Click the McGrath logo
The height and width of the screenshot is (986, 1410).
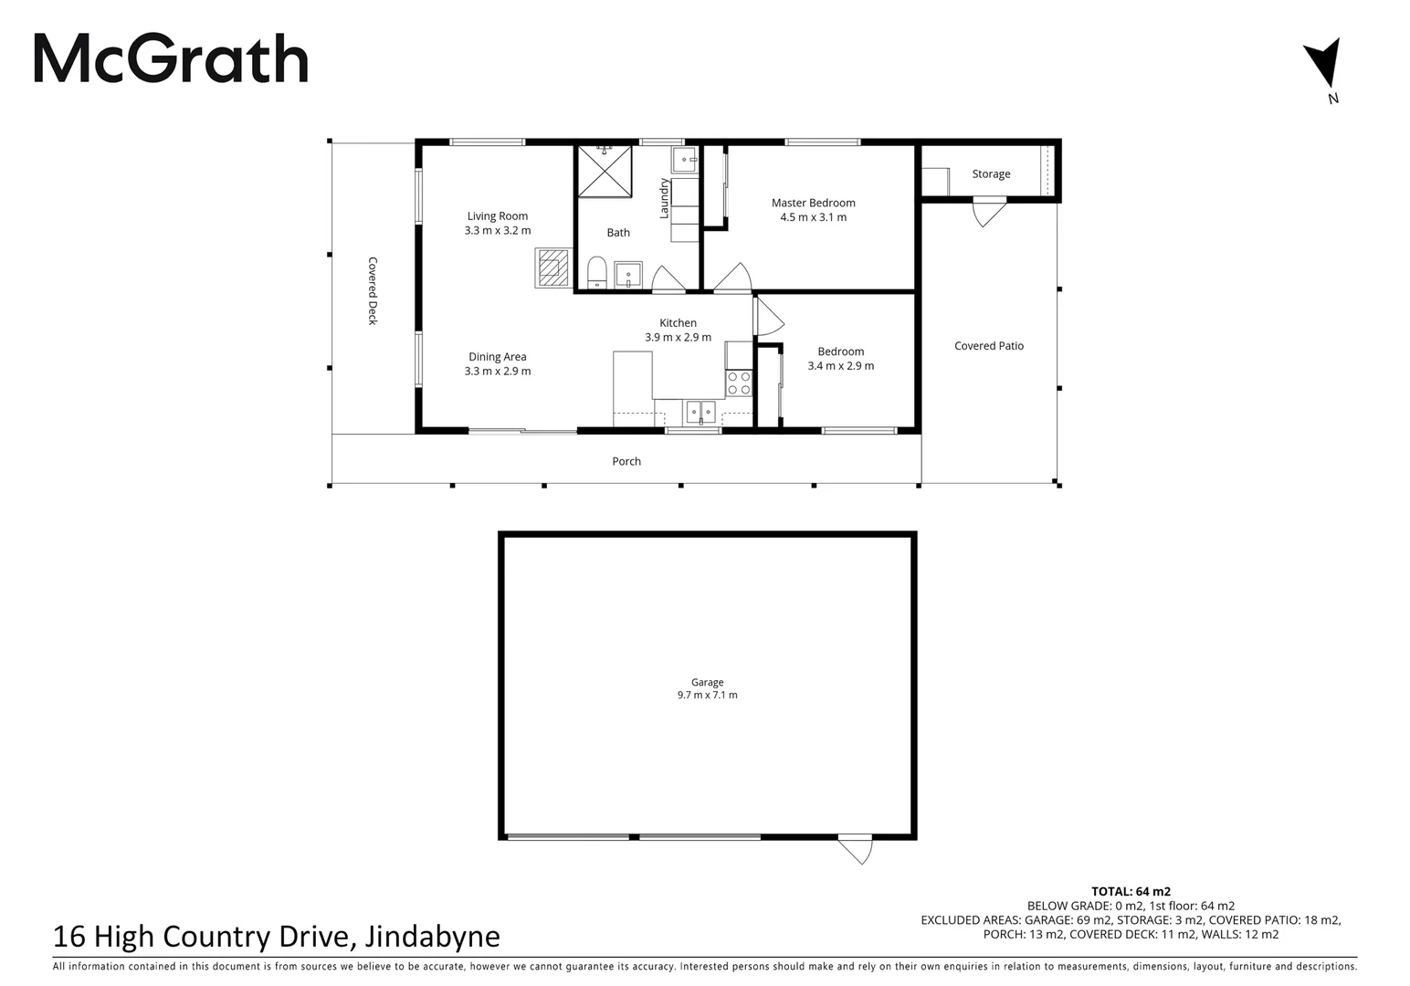coord(171,59)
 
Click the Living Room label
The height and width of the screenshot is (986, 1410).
coord(497,216)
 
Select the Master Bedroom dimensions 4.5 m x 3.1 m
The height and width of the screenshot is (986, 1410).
coord(813,217)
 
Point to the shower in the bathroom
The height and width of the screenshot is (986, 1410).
coord(605,171)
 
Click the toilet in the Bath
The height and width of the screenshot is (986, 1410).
coord(596,271)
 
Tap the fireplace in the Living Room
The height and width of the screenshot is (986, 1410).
coord(551,268)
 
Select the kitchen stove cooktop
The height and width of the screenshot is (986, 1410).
coord(739,383)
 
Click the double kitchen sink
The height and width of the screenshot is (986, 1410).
coord(701,412)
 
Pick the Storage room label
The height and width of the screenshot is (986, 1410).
coord(991,173)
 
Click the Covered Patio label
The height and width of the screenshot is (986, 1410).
coord(988,346)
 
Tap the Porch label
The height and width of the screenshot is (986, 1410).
coord(626,461)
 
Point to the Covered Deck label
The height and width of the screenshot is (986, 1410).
coord(373,290)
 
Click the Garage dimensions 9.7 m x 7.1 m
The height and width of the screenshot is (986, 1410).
coord(707,695)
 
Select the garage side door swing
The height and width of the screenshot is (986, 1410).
coord(857,850)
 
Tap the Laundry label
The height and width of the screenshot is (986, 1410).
coord(665,198)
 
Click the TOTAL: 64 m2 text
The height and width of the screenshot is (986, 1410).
coord(1131,891)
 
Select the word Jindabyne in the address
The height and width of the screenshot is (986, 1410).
coord(432,937)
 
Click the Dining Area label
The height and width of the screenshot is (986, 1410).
coord(497,357)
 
